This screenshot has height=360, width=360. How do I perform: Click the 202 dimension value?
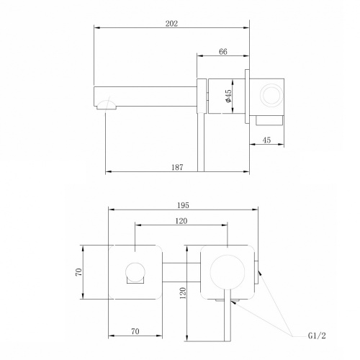click(171, 24)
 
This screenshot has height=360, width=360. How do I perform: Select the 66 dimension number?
click(223, 52)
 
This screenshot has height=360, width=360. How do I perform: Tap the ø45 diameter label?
click(228, 96)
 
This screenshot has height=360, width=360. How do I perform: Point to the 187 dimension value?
click(177, 167)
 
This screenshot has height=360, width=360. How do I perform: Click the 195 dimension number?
click(183, 205)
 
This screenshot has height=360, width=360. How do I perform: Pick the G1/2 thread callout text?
click(317, 336)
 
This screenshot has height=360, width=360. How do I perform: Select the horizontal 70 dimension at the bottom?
click(135, 331)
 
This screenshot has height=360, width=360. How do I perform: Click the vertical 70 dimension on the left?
click(79, 272)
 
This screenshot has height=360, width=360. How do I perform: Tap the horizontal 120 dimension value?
click(181, 221)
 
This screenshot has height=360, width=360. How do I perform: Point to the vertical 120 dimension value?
click(183, 293)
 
